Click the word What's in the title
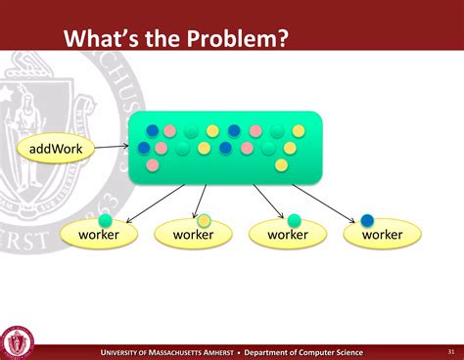point(103,38)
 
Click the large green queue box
point(224,147)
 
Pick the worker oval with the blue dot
point(382,235)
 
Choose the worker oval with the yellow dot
point(193,235)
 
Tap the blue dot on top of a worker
point(368,221)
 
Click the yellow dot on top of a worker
point(204,221)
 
